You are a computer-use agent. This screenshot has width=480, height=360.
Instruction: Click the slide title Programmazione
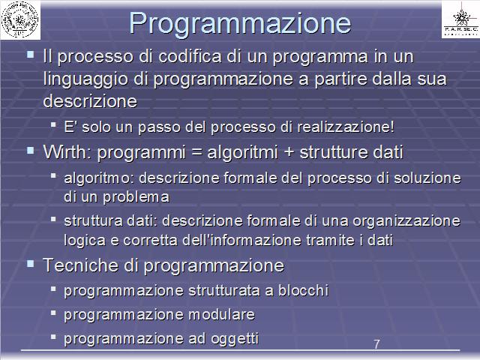tap(240, 24)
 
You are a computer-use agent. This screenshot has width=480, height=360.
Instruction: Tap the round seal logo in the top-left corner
tap(20, 20)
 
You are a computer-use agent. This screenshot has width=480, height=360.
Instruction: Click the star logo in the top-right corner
tap(461, 19)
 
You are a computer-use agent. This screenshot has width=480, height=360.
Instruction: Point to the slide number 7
tap(376, 344)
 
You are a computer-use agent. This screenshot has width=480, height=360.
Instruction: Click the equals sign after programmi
tap(196, 153)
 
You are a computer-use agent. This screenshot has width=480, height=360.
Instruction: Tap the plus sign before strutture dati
tap(289, 152)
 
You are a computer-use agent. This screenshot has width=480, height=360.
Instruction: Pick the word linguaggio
tap(85, 79)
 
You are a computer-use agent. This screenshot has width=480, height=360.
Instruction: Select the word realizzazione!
tap(346, 127)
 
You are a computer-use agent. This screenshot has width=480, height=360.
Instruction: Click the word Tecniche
tap(80, 265)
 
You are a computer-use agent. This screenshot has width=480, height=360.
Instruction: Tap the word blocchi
tap(303, 290)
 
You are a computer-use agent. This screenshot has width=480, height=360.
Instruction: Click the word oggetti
tap(235, 339)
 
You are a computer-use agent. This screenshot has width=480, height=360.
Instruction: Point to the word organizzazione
tap(406, 221)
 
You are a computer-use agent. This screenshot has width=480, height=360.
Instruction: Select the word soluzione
tap(427, 178)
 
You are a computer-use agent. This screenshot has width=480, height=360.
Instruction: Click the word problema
tap(136, 197)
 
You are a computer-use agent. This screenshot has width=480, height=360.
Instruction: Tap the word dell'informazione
tap(242, 240)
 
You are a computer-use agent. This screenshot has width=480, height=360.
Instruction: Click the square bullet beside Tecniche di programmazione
tap(30, 264)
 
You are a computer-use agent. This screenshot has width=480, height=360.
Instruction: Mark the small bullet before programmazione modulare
tap(53, 313)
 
